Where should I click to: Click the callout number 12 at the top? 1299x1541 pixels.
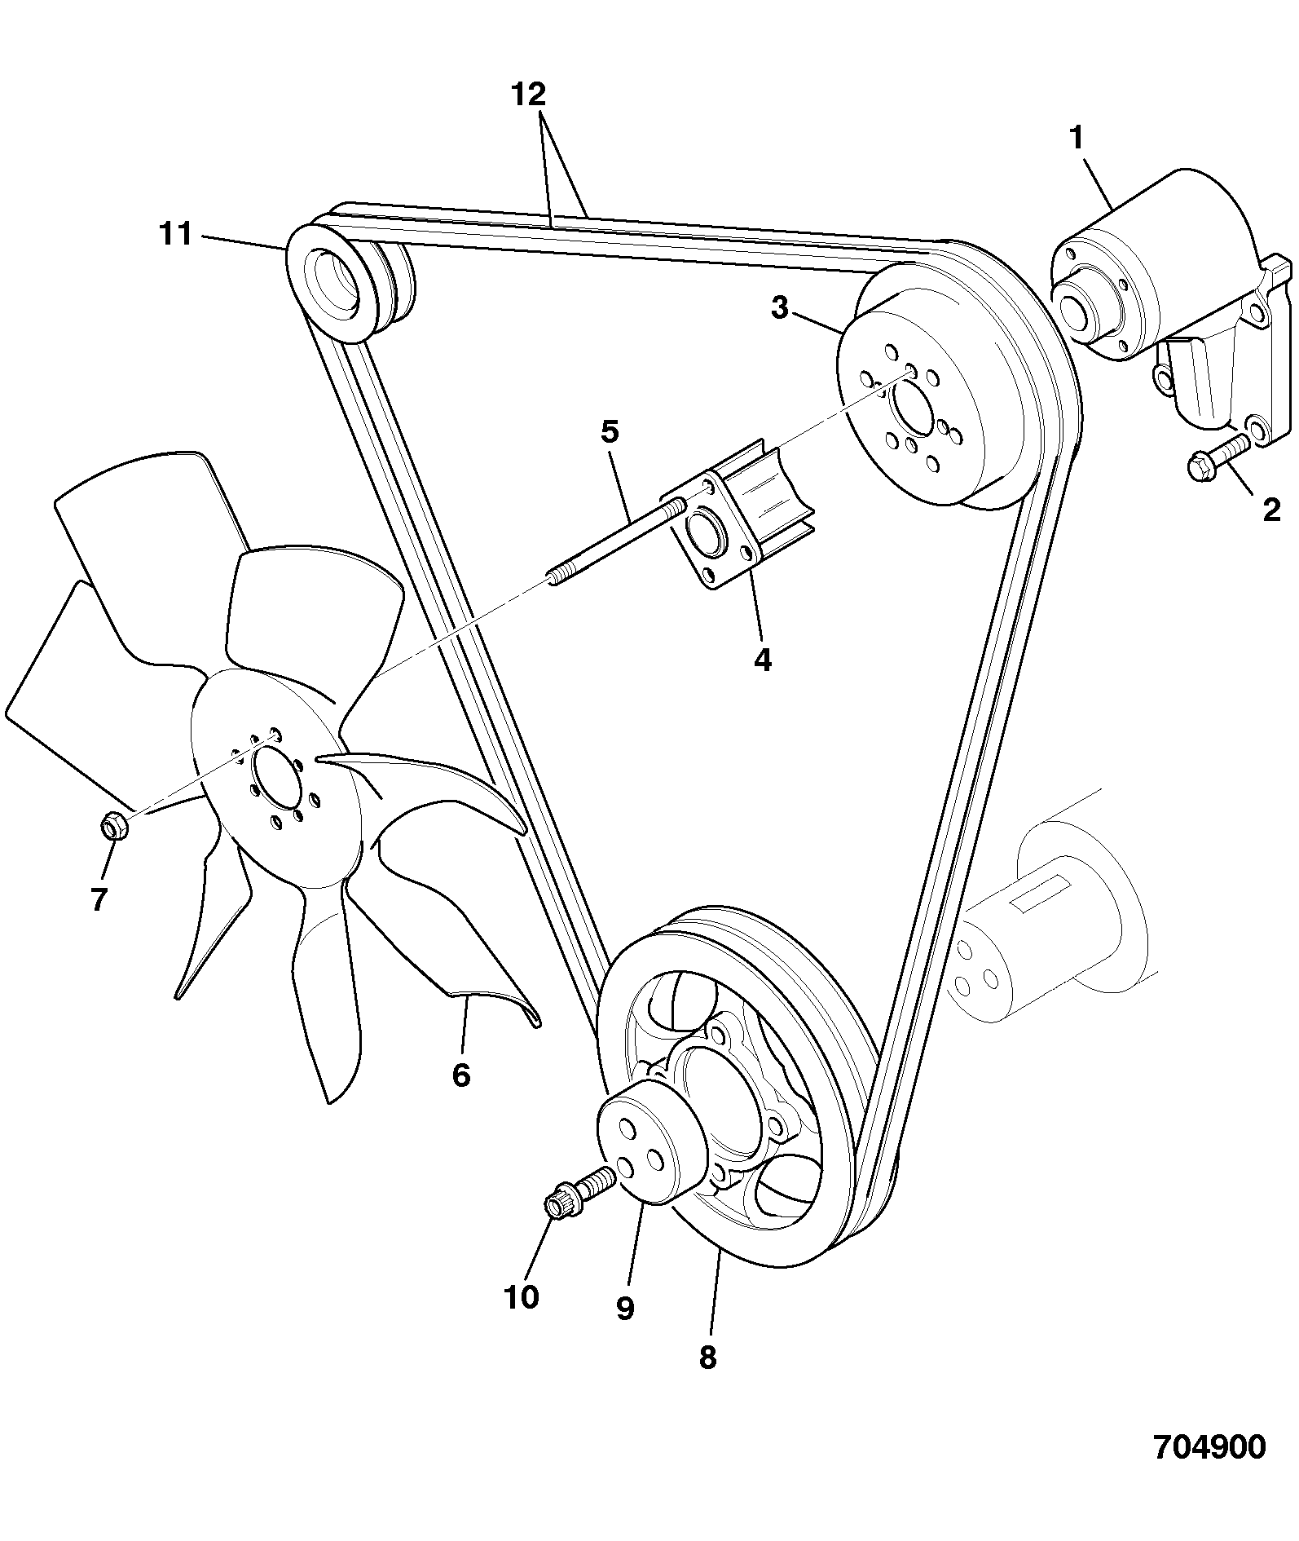[x=528, y=95]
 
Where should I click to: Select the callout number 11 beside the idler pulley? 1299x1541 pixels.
[x=175, y=234]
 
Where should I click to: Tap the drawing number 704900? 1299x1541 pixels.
[x=1210, y=1447]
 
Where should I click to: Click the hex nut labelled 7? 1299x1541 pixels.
[x=112, y=825]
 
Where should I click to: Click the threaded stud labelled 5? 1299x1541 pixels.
[x=615, y=543]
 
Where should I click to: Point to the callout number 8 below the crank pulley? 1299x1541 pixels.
[x=707, y=1357]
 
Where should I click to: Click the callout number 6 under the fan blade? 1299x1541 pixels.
[x=461, y=1075]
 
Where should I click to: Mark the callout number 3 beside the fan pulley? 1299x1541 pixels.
[x=780, y=308]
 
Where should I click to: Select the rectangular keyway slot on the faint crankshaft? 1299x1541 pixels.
[x=1042, y=894]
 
